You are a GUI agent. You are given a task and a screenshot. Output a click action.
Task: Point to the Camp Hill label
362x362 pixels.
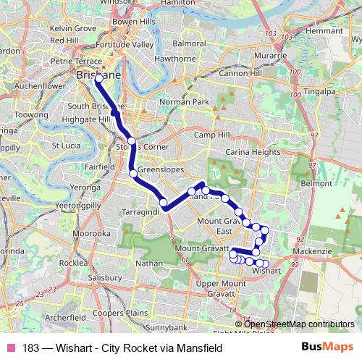(x=211, y=135)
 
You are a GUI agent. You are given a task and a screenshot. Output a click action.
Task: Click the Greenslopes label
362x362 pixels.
(x=157, y=171)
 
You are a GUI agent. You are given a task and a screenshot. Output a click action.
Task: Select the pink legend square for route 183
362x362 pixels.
(x=11, y=347)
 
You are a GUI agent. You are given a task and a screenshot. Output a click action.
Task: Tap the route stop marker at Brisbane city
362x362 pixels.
(x=98, y=77)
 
